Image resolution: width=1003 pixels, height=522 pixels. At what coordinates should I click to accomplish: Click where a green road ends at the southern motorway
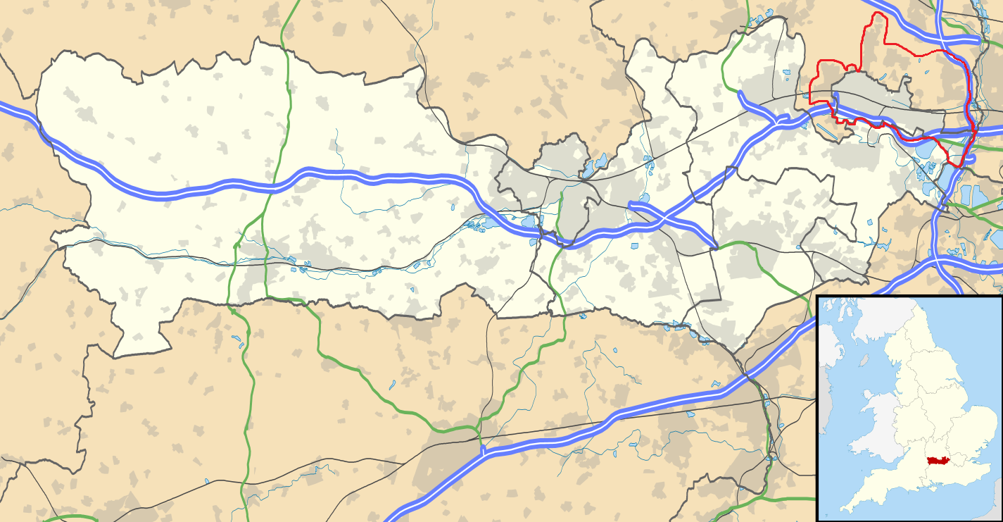[x=481, y=451]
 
